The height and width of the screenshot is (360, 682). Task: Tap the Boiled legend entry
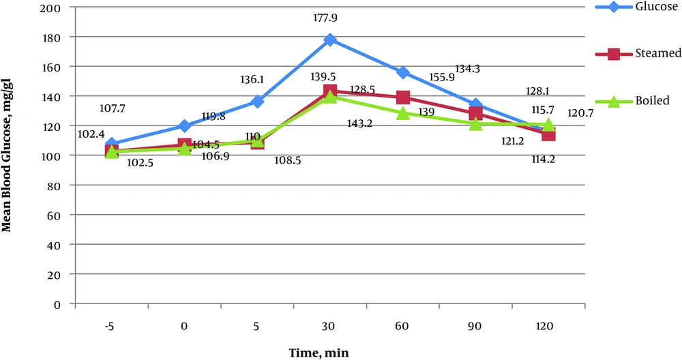[x=640, y=100]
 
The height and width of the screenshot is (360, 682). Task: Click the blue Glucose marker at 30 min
[x=330, y=40]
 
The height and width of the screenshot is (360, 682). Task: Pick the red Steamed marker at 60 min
[x=403, y=97]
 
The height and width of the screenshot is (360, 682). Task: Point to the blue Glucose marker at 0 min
[x=184, y=125]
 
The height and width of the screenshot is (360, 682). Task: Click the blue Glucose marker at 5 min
[x=257, y=102]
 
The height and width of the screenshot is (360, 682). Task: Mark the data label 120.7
[x=580, y=113]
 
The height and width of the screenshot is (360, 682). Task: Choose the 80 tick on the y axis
[x=56, y=185]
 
